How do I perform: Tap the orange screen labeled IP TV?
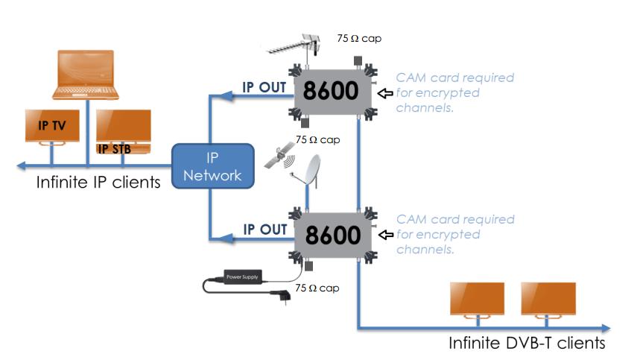(x=50, y=127)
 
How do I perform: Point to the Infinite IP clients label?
(x=98, y=181)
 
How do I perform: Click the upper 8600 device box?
(x=329, y=91)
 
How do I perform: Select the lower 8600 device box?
(x=329, y=235)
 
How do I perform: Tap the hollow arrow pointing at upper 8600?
(x=385, y=93)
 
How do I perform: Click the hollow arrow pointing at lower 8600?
(x=385, y=236)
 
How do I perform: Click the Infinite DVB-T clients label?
(x=527, y=344)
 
